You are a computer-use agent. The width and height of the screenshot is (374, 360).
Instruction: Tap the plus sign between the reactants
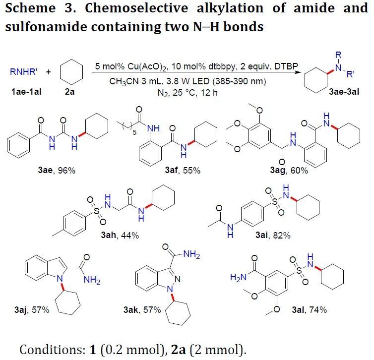[x=48, y=72]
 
